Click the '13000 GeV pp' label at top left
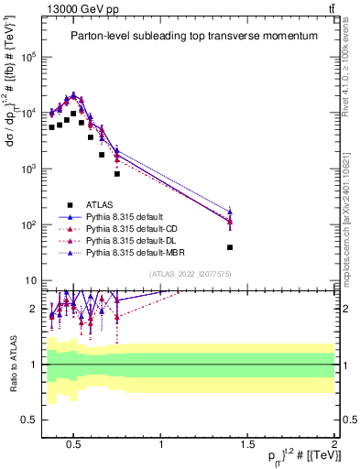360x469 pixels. click(76, 8)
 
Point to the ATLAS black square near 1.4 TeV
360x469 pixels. click(230, 247)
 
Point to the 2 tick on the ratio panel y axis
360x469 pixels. click(33, 309)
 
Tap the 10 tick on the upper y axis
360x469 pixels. click(30, 280)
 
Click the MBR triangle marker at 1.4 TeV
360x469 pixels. click(230, 212)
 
